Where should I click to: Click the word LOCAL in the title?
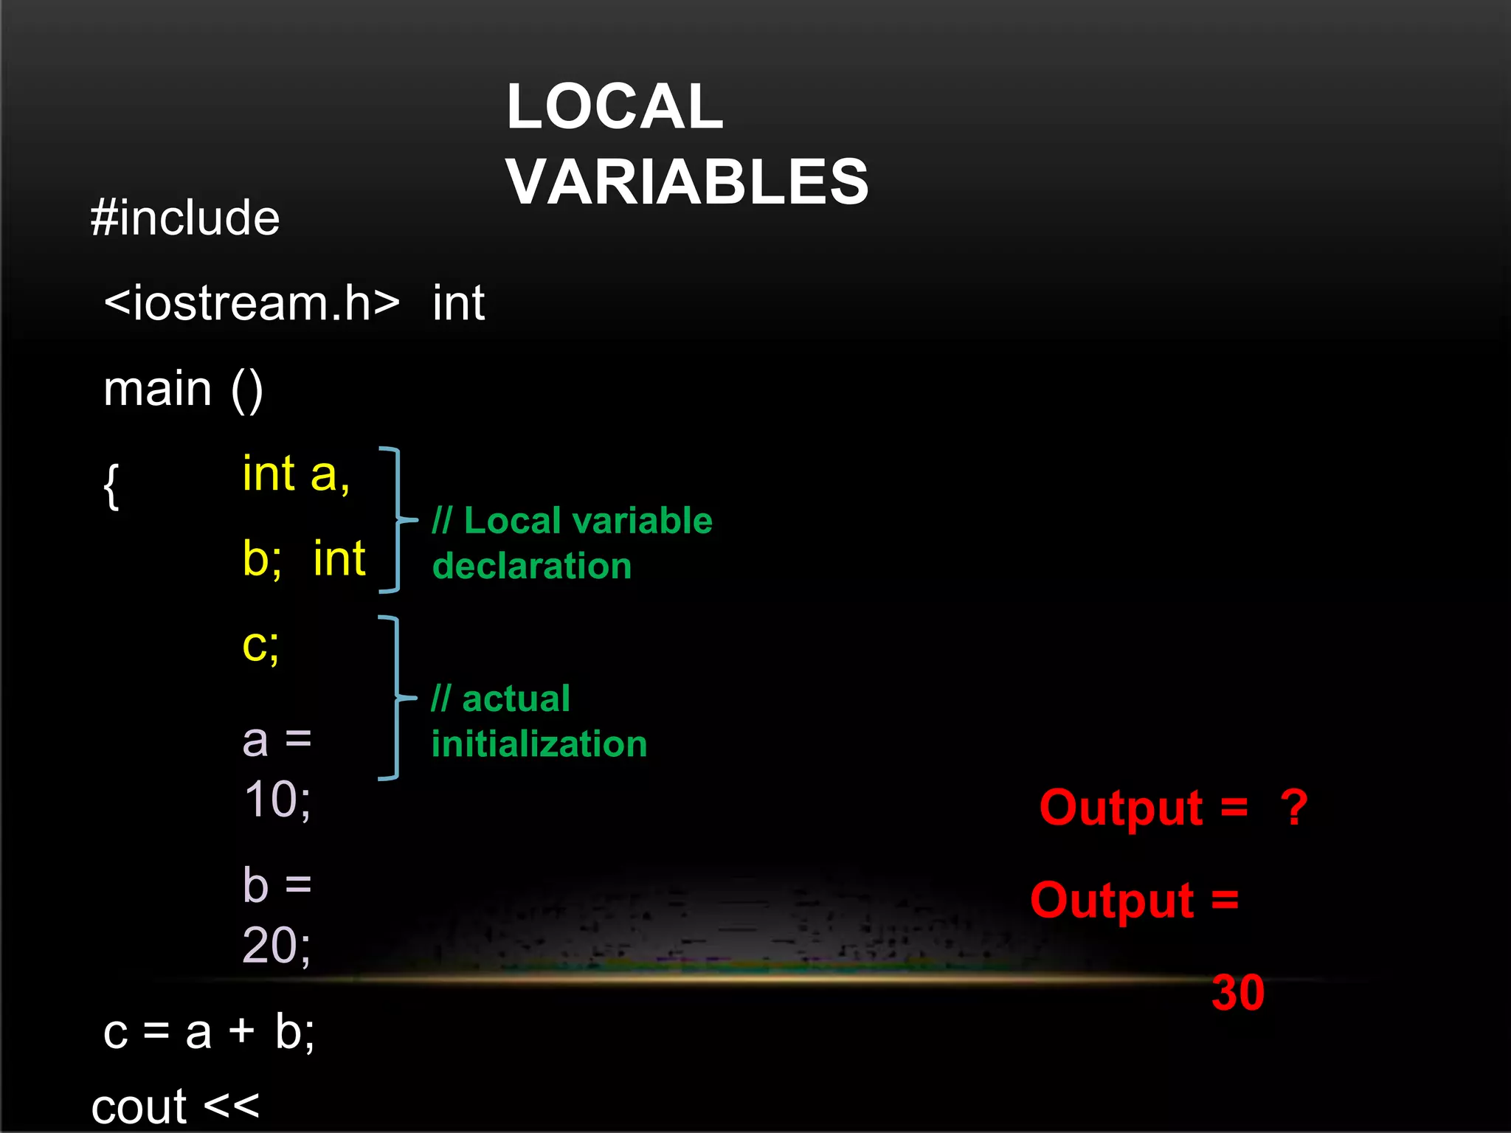(615, 107)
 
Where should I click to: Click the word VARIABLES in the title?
(687, 181)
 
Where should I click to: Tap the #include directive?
(185, 218)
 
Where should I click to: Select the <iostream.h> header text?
(252, 303)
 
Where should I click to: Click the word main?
(158, 389)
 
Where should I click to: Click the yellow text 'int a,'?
(296, 474)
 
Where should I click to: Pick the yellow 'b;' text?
(262, 558)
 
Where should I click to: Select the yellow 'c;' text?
(260, 645)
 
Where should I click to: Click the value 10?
(277, 800)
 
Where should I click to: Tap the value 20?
(277, 945)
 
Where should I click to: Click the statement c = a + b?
(209, 1031)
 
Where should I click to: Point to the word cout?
(139, 1106)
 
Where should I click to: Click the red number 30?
(1238, 993)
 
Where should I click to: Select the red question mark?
(1294, 808)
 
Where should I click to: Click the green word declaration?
(532, 566)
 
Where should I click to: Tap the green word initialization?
(539, 744)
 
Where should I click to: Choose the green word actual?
(516, 699)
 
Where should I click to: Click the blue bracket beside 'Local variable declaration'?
(396, 520)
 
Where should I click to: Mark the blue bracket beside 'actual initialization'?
(396, 698)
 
